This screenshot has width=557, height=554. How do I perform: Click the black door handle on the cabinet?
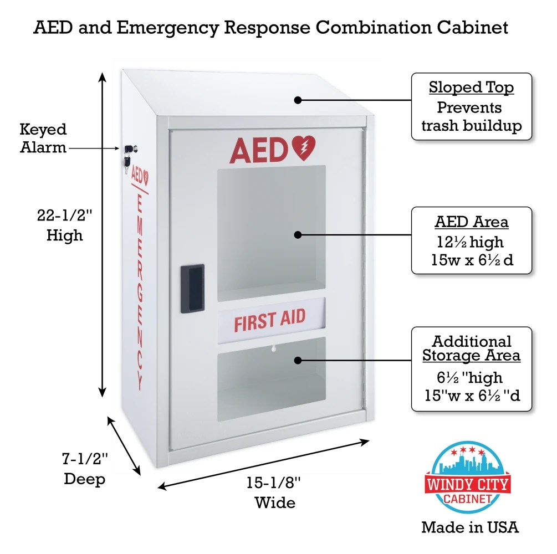tap(192, 289)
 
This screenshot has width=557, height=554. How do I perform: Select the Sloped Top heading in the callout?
tap(471, 88)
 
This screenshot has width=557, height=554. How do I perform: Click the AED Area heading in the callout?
tap(471, 222)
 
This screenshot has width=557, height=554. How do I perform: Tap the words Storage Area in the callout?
tap(471, 355)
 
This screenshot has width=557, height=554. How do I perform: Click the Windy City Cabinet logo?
tap(467, 476)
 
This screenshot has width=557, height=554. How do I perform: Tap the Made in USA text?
tap(470, 527)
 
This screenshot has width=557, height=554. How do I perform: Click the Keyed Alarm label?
tap(43, 138)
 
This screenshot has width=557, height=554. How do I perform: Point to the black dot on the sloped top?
tap(298, 100)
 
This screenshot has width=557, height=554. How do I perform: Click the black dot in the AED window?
tap(298, 234)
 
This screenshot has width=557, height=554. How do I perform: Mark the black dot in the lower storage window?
tap(298, 360)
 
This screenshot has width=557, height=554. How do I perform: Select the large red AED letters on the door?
tap(258, 150)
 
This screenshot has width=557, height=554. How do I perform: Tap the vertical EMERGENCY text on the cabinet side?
tap(140, 288)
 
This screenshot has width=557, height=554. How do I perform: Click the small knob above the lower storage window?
tap(272, 349)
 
